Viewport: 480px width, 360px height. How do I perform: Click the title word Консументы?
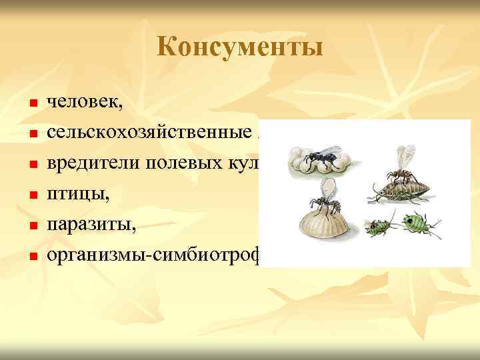pos(240,47)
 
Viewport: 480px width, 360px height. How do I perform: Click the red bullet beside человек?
pos(31,105)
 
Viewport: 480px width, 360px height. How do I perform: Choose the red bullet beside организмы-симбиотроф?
pos(31,255)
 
